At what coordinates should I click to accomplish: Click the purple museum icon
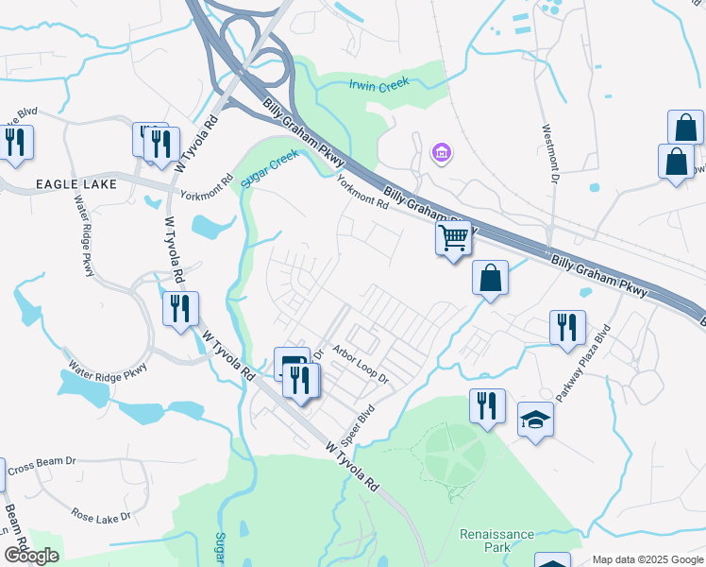[x=440, y=152]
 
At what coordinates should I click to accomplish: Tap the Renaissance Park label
[x=497, y=541]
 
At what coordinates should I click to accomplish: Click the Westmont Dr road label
[x=545, y=155]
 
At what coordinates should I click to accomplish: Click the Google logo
[x=31, y=556]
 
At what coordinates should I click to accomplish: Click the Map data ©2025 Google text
[x=647, y=559]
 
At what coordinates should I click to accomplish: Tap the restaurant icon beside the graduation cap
[x=487, y=405]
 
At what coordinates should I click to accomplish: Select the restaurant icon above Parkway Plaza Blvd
[x=567, y=327]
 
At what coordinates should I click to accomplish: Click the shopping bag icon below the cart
[x=490, y=278]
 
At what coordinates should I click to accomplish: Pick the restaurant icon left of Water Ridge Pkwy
[x=16, y=142]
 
